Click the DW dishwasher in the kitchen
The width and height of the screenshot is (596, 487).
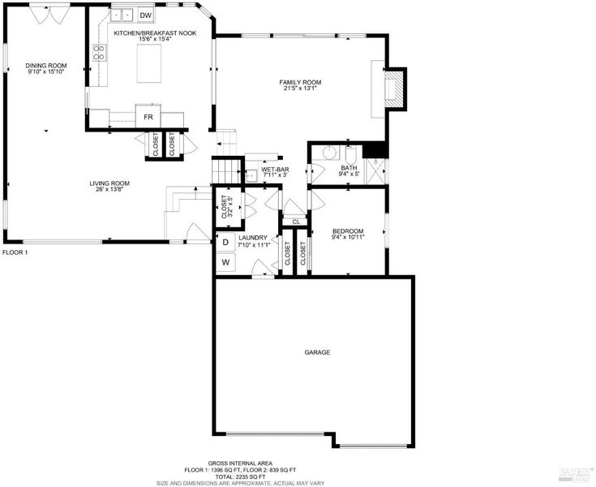pyautogui.click(x=146, y=15)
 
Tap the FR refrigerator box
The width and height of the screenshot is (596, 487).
pyautogui.click(x=148, y=116)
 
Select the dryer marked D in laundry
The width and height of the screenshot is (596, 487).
pyautogui.click(x=225, y=242)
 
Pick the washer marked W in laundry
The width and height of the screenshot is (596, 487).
pyautogui.click(x=225, y=262)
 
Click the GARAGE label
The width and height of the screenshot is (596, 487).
pyautogui.click(x=317, y=352)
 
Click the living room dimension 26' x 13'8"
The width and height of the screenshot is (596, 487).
pyautogui.click(x=109, y=188)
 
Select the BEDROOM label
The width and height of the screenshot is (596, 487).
pyautogui.click(x=348, y=231)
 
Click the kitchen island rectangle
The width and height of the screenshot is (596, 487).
pyautogui.click(x=149, y=63)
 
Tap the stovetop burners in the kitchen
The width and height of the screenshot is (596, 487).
pyautogui.click(x=100, y=53)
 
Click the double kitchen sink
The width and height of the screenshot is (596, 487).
pyautogui.click(x=122, y=15)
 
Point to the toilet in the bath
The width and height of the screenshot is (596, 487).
pyautogui.click(x=350, y=155)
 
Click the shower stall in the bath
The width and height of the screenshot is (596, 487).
pyautogui.click(x=375, y=171)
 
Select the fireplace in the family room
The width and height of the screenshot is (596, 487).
pyautogui.click(x=393, y=89)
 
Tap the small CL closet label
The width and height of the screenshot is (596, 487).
pyautogui.click(x=296, y=222)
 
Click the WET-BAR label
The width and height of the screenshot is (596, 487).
pyautogui.click(x=275, y=170)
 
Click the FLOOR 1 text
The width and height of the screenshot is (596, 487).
pyautogui.click(x=15, y=252)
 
